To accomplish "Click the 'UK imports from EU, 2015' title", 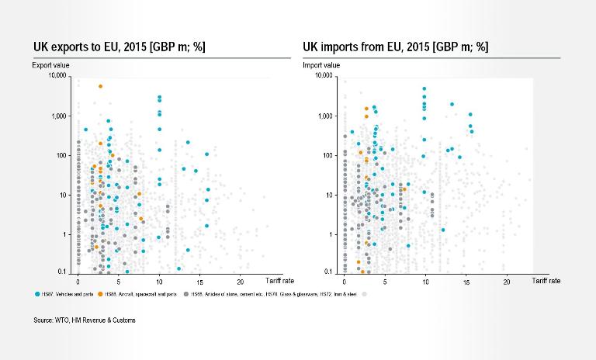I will tap(395, 47).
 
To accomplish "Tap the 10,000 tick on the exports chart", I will tap(60, 76).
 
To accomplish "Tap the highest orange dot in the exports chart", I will tap(100, 87).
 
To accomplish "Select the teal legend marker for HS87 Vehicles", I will tap(38, 294).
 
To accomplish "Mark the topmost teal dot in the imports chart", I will tap(424, 89).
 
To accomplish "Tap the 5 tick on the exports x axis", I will tap(119, 280).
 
